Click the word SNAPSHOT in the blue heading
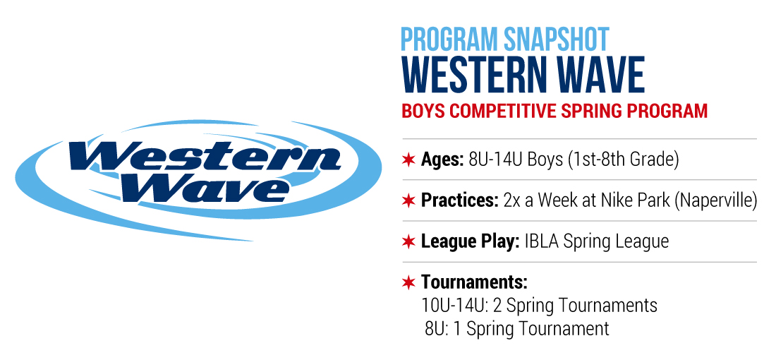(x=557, y=39)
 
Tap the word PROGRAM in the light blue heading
(x=449, y=39)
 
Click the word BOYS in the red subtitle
(x=423, y=111)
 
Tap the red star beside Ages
(x=408, y=160)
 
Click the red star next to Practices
(x=408, y=200)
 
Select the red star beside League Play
(x=408, y=241)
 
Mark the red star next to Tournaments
(x=408, y=283)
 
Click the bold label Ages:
(x=442, y=160)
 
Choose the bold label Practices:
(x=460, y=200)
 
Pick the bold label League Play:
(x=470, y=241)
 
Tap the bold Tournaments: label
(x=474, y=282)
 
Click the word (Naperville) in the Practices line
(x=715, y=200)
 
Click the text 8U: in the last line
(x=436, y=329)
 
